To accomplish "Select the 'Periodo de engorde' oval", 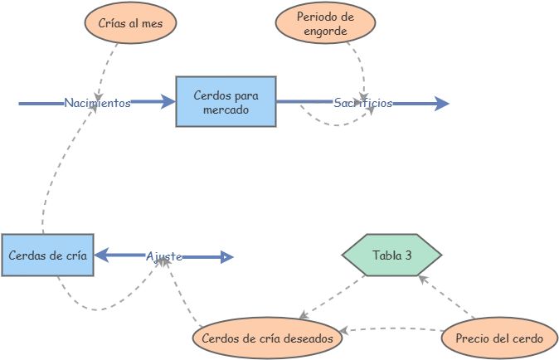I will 325,24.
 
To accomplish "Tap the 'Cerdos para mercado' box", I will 226,102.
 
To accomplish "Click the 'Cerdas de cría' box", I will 46,255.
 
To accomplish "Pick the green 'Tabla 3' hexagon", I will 392,255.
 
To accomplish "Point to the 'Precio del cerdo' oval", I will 493,338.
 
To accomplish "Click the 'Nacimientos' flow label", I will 97,104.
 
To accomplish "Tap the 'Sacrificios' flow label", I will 362,104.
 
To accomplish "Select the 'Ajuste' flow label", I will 164,257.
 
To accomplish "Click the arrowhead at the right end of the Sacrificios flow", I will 440,104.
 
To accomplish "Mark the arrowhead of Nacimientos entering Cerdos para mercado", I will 168,103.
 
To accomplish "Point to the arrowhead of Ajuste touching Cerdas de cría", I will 101,257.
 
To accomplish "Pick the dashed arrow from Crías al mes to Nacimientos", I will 107,66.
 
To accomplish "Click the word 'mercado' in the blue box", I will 226,109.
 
